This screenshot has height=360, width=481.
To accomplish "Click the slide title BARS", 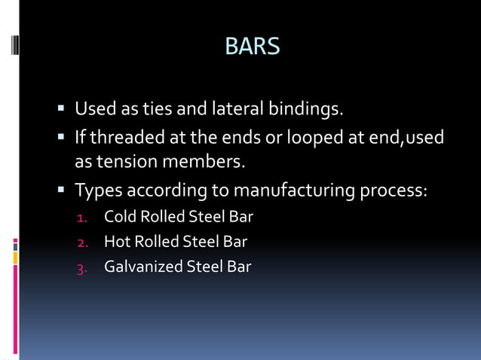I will point(252,46).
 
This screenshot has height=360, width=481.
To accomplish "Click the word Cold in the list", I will point(118,218).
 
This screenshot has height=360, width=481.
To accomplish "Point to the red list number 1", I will point(82,218).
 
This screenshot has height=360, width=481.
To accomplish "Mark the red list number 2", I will point(82,243).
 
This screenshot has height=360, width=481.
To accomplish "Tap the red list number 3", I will point(82,267).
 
